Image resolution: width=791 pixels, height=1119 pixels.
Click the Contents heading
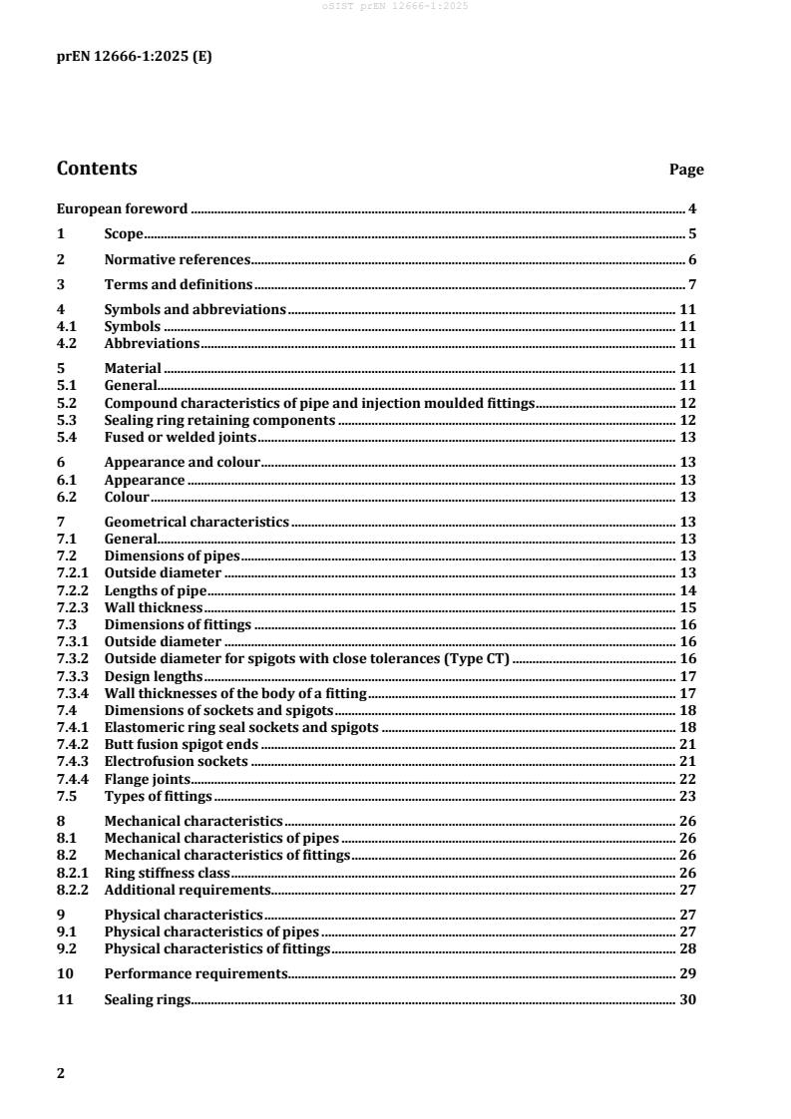tap(97, 169)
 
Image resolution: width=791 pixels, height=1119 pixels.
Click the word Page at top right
tap(686, 171)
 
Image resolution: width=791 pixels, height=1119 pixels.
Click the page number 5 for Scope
tap(691, 235)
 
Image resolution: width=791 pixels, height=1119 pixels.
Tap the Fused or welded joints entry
tap(181, 437)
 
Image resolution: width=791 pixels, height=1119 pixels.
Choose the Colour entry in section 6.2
tap(127, 497)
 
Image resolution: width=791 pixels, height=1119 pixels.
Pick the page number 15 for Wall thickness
tap(687, 607)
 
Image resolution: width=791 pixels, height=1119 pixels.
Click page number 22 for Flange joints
tap(687, 778)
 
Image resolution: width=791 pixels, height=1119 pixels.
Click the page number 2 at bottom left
tap(61, 1073)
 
